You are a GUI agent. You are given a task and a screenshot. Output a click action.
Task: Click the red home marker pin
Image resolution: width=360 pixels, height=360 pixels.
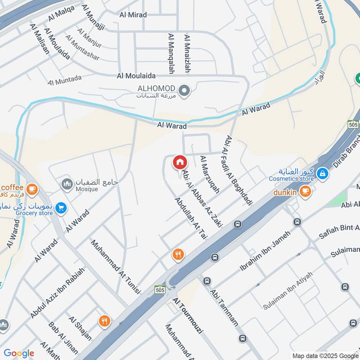pyautogui.click(x=180, y=162)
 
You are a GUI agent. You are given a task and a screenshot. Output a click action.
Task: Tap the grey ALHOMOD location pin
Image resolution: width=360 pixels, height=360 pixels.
pyautogui.click(x=184, y=91)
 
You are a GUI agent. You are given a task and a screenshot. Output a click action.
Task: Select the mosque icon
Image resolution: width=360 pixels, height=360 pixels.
pyautogui.click(x=67, y=184)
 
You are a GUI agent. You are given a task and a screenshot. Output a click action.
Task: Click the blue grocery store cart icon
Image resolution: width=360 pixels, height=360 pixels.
pyautogui.click(x=62, y=208)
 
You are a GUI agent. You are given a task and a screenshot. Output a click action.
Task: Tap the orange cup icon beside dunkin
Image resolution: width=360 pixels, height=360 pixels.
pyautogui.click(x=306, y=192)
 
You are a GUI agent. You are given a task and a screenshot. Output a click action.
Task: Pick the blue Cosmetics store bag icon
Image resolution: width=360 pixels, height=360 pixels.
pyautogui.click(x=322, y=173)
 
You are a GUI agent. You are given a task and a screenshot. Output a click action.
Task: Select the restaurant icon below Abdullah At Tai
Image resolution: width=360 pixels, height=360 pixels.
pyautogui.click(x=178, y=255)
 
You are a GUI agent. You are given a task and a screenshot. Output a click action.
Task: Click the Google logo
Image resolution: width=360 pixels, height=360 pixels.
pyautogui.click(x=19, y=353)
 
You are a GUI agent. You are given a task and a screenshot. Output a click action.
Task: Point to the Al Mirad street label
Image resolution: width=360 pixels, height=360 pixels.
pyautogui.click(x=133, y=14)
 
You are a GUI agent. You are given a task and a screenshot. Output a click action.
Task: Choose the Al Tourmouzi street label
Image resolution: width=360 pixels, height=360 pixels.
pyautogui.click(x=188, y=315)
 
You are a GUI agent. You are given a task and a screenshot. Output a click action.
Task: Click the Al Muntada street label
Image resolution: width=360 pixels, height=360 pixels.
pyautogui.click(x=65, y=80)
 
